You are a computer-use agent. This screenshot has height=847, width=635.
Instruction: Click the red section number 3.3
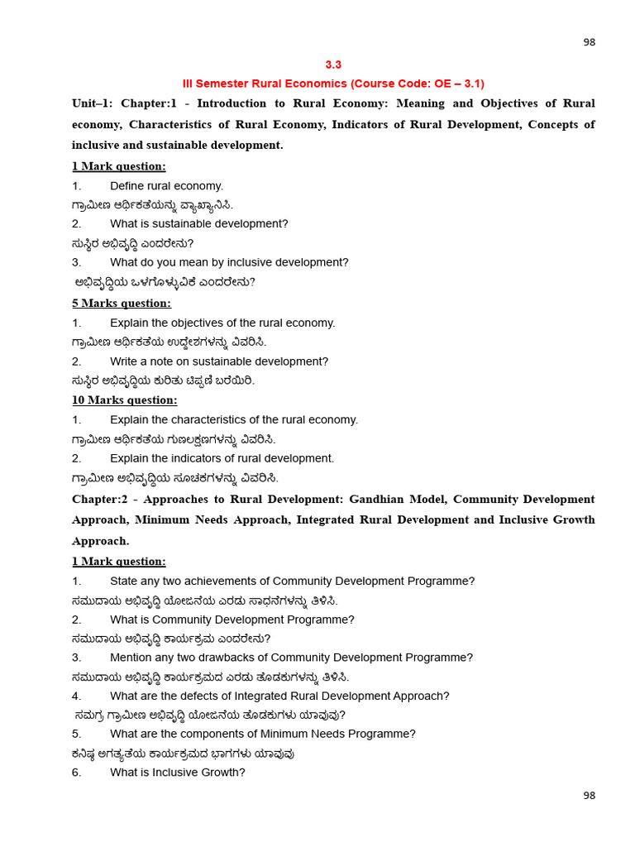pyautogui.click(x=333, y=65)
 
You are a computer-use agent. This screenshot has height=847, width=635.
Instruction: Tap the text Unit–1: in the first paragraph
pyautogui.click(x=93, y=103)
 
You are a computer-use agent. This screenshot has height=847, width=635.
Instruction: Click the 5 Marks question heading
pyautogui.click(x=122, y=304)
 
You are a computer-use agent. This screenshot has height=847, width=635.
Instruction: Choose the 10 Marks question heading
pyautogui.click(x=124, y=400)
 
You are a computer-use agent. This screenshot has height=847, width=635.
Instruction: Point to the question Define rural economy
pyautogui.click(x=166, y=186)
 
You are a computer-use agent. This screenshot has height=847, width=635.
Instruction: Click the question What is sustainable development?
pyautogui.click(x=198, y=224)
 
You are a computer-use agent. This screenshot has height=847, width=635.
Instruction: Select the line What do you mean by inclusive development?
pyautogui.click(x=229, y=263)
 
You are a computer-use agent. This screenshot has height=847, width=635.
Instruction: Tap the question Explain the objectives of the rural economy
pyautogui.click(x=222, y=323)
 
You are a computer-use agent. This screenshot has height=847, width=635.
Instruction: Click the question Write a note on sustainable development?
pyautogui.click(x=219, y=362)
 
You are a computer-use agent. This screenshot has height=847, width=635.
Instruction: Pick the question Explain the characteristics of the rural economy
pyautogui.click(x=234, y=420)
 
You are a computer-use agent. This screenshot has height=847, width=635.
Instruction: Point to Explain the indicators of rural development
pyautogui.click(x=222, y=459)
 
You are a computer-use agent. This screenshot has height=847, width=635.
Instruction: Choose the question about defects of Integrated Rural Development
pyautogui.click(x=279, y=696)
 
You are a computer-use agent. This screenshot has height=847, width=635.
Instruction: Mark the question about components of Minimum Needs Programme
pyautogui.click(x=262, y=735)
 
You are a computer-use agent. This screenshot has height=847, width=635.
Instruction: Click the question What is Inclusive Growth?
pyautogui.click(x=177, y=773)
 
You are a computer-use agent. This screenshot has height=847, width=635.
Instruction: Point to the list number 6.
pyautogui.click(x=76, y=773)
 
